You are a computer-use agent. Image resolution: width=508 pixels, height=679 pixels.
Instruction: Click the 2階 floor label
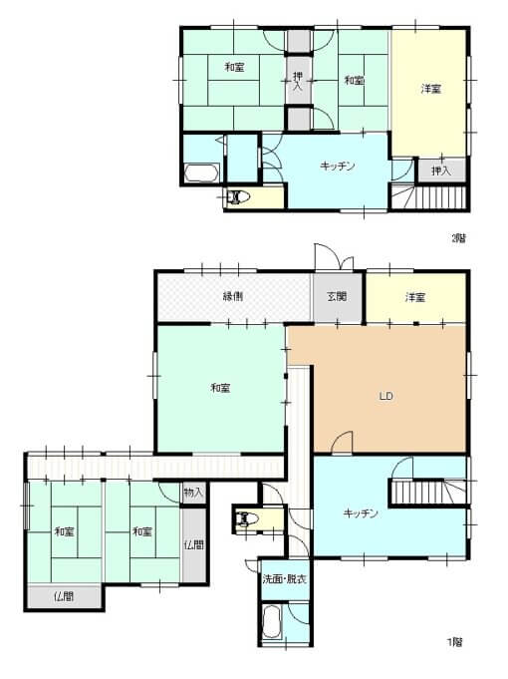point(458,237)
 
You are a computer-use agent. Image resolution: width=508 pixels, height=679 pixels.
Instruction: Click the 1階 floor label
point(454,642)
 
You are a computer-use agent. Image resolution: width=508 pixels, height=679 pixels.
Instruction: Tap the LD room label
point(385,396)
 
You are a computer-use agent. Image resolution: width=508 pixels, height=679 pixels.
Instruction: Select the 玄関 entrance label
point(337,297)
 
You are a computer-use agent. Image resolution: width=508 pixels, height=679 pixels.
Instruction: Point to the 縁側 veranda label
point(233,296)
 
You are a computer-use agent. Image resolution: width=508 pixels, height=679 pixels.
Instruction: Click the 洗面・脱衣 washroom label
point(285,579)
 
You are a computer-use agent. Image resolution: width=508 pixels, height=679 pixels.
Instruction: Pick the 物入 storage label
point(193,493)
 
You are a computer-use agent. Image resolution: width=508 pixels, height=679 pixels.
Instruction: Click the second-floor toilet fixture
point(238,197)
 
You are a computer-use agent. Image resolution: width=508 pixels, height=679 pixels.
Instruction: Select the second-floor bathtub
point(201,172)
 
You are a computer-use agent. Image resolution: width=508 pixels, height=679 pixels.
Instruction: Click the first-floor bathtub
point(272,622)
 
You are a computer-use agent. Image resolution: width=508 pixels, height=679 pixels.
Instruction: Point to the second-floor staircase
point(429,196)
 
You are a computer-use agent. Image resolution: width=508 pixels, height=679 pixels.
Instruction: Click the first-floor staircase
point(429,492)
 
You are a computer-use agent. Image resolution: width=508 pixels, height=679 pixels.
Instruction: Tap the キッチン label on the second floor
point(338,166)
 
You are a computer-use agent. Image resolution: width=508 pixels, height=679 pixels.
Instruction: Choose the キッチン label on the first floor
point(361,513)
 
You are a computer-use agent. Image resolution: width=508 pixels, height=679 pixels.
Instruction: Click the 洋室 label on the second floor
point(431,89)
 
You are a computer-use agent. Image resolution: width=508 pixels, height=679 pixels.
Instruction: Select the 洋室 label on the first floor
point(415,297)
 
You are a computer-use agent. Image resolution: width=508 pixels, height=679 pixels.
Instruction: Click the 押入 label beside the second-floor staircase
point(441,171)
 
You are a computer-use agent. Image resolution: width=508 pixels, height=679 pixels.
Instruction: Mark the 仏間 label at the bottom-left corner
point(64,596)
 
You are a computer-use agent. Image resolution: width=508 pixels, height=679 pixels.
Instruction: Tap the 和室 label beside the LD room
point(220,388)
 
